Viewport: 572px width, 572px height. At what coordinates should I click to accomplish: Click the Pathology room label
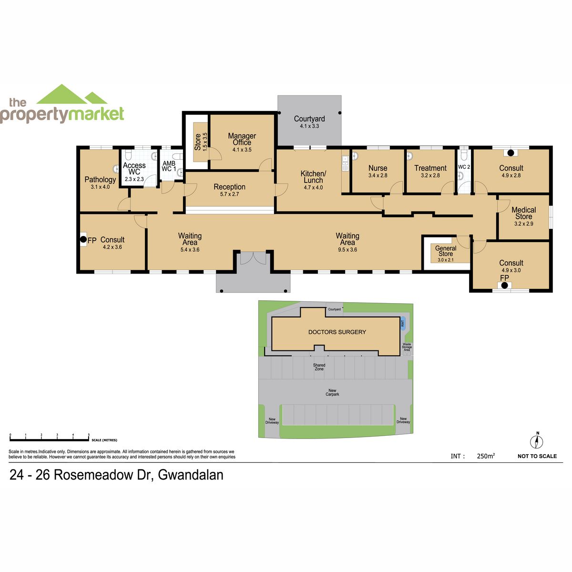pos(100,180)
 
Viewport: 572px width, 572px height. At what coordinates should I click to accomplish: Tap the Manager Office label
pos(242,139)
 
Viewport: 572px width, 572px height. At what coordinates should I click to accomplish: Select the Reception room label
pos(229,187)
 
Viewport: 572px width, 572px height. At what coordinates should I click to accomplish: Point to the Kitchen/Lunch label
pos(313,177)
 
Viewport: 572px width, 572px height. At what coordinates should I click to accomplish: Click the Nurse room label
pos(378,168)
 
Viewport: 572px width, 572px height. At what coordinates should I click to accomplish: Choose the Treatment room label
pos(430,168)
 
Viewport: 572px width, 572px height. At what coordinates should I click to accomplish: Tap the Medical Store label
pos(523,213)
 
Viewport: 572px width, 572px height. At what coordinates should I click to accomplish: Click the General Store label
pos(446,251)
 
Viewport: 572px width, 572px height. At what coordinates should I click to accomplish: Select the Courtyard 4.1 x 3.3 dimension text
pos(309,126)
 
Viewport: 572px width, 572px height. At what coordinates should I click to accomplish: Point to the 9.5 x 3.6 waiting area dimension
pos(347,250)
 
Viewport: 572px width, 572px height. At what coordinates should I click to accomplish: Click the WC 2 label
pos(464,167)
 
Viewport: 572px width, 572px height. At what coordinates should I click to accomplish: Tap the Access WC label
pos(134,169)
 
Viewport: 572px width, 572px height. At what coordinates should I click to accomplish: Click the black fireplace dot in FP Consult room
pos(83,239)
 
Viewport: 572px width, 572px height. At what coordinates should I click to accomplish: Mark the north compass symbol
pos(537,442)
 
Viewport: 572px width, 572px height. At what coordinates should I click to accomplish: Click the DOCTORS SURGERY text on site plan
pos(337,332)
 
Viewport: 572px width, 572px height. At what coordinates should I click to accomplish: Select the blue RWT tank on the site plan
pos(403,322)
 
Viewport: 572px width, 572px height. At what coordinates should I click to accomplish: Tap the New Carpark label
pos(332,392)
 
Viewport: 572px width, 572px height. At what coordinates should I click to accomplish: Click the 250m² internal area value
pos(486,456)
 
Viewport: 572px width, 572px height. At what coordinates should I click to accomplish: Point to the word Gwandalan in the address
pos(191,475)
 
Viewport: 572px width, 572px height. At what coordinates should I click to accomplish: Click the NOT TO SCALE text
pos(537,456)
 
